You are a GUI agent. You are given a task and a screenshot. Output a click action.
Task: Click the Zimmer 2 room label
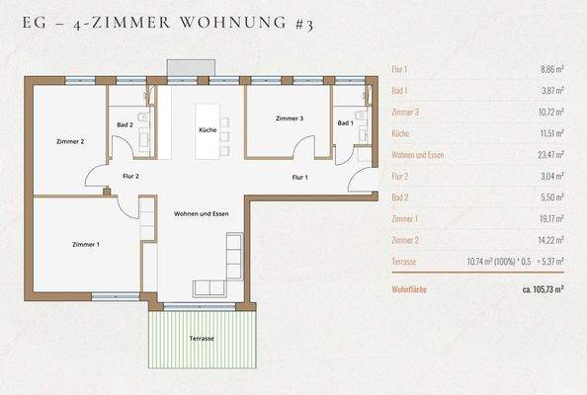click(69, 142)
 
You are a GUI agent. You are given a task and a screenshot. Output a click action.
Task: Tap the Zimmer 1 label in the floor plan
click(86, 243)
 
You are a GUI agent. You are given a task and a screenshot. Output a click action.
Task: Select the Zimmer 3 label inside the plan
click(289, 118)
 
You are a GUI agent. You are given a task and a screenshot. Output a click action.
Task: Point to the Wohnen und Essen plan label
click(201, 214)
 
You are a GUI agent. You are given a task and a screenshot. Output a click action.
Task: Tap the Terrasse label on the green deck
click(202, 339)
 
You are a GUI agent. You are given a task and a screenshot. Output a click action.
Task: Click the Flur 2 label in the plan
click(130, 176)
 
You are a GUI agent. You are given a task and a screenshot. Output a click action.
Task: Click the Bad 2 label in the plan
click(125, 124)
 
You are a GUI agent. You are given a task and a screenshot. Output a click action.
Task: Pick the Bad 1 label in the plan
click(344, 122)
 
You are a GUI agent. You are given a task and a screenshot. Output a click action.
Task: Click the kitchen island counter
click(208, 129)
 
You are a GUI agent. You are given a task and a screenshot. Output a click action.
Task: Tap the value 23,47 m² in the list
click(546, 154)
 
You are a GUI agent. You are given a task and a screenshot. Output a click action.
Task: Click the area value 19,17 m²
click(546, 218)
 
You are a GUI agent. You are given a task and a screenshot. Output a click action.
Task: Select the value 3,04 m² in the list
click(548, 176)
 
